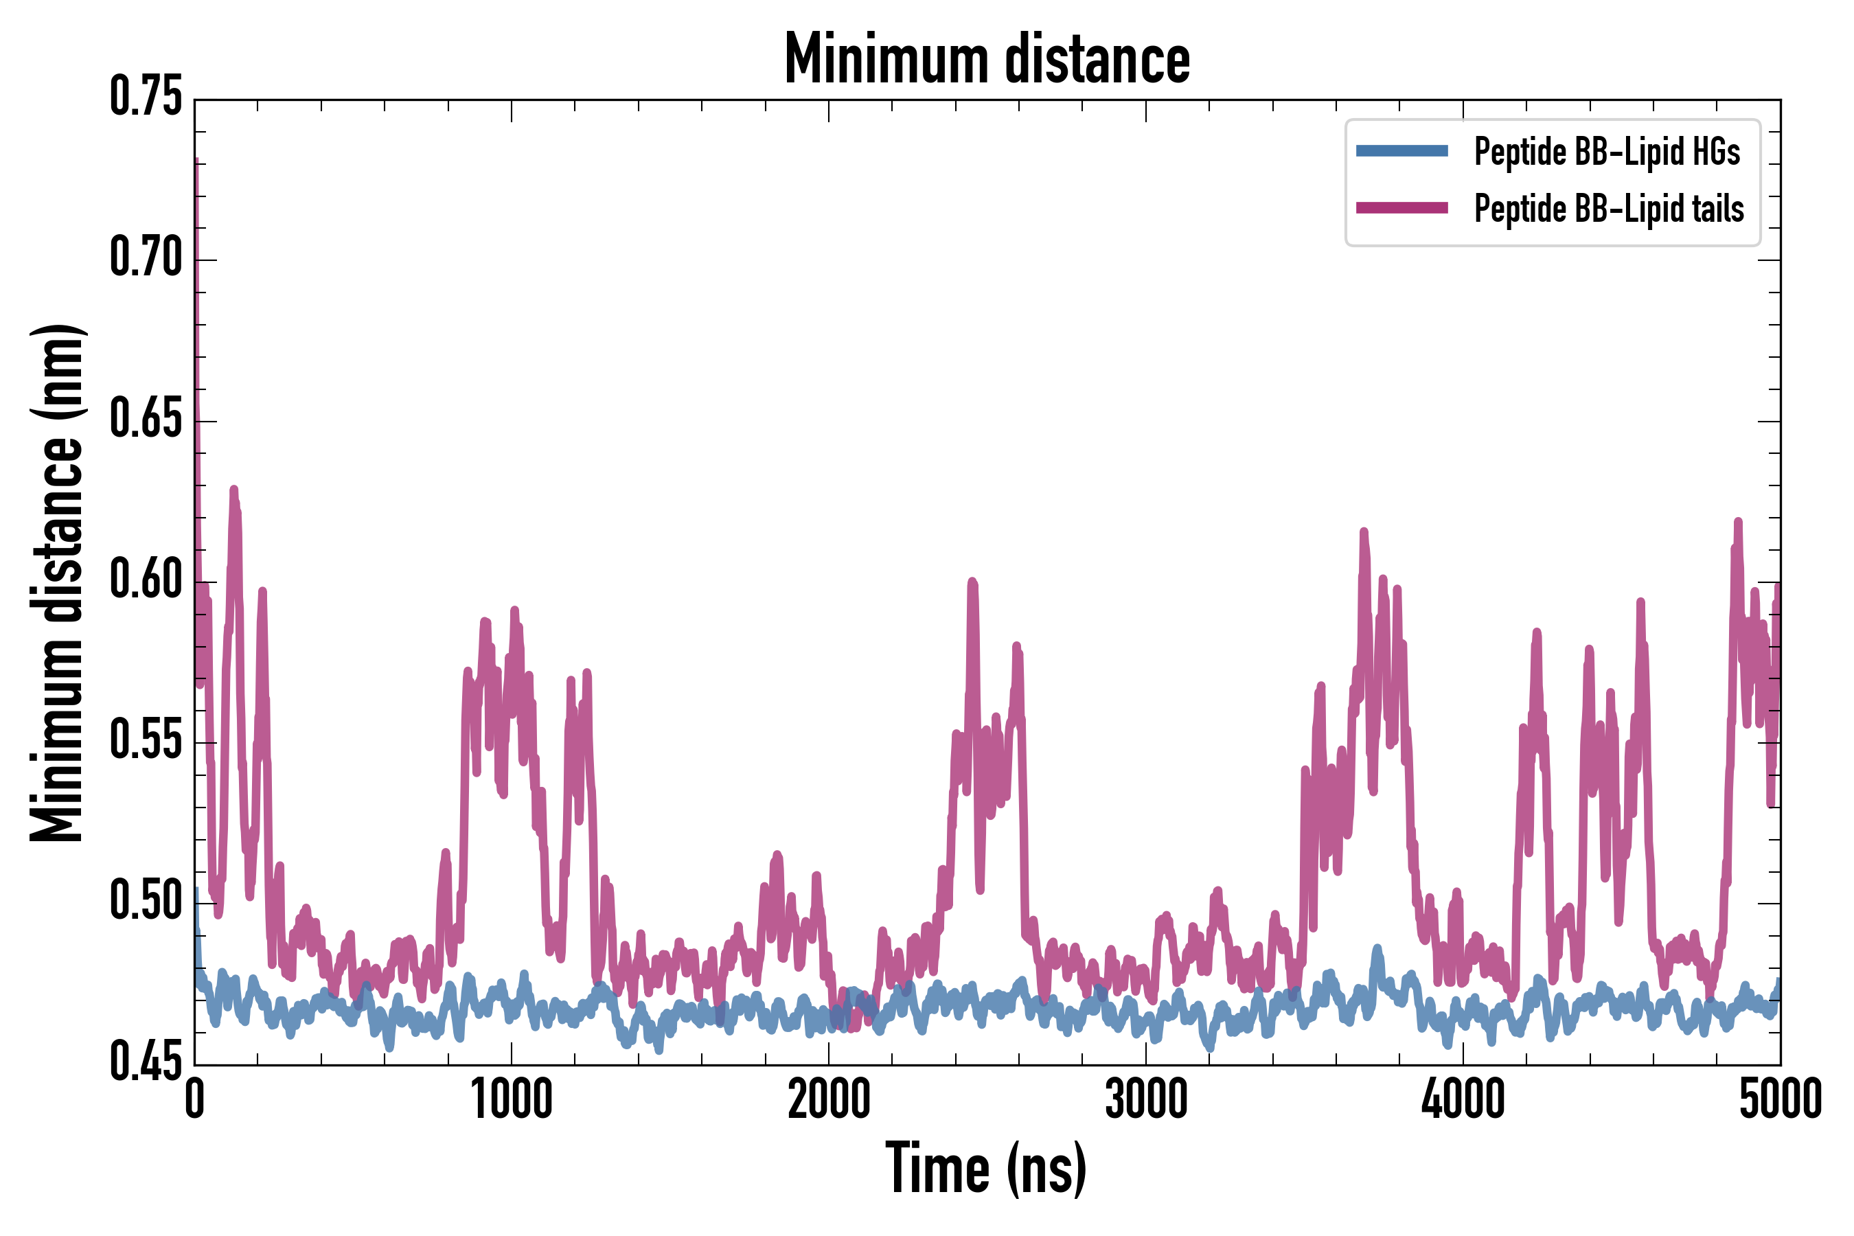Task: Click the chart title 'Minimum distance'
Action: pos(987,60)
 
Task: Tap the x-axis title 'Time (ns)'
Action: pos(986,1168)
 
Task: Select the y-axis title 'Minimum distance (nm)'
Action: pos(57,582)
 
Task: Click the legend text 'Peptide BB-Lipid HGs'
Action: pos(1607,151)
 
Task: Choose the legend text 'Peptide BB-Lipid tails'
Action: pos(1609,209)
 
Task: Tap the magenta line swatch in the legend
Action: pos(1401,208)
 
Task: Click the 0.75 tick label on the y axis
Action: pos(146,98)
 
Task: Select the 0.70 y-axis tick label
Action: pos(146,259)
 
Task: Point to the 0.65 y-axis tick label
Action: pos(146,420)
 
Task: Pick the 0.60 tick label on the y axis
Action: pos(146,581)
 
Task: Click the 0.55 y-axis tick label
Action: pos(146,742)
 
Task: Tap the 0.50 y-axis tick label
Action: pos(146,902)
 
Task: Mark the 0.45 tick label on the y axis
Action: pos(146,1064)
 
